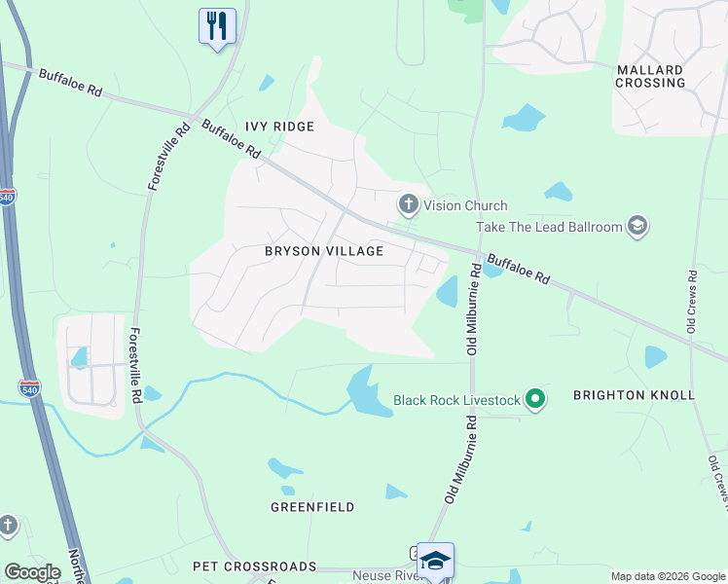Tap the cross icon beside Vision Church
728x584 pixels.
click(x=408, y=204)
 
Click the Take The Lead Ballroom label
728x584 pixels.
click(x=549, y=227)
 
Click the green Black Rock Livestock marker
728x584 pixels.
click(x=534, y=399)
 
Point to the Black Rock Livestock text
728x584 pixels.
click(x=455, y=400)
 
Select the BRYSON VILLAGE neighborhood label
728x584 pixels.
click(x=324, y=251)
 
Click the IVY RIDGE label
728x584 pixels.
click(x=279, y=127)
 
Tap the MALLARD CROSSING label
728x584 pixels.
click(x=650, y=76)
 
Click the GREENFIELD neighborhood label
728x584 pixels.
click(x=312, y=507)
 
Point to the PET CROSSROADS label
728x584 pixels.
click(x=255, y=566)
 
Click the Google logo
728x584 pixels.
click(x=32, y=572)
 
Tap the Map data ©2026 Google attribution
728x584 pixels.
click(x=667, y=576)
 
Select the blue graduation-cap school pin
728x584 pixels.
click(x=435, y=560)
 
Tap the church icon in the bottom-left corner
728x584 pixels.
click(x=7, y=527)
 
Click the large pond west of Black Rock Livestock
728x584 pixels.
click(x=364, y=391)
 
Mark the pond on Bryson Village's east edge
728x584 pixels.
click(x=448, y=291)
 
